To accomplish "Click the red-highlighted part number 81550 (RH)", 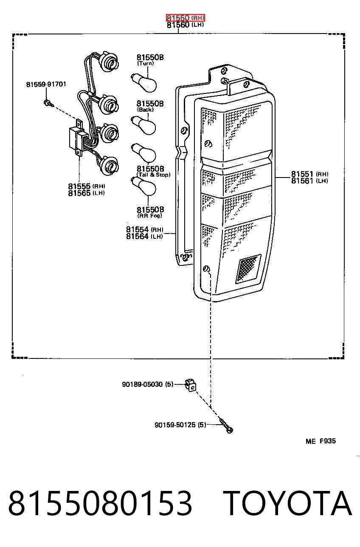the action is (x=186, y=18).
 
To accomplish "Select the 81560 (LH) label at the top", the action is (x=186, y=25).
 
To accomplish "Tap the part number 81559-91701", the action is (x=46, y=84).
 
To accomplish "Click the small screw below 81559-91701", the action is (x=48, y=103).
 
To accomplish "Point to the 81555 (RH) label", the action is (x=87, y=186).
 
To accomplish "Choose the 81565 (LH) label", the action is (x=87, y=193).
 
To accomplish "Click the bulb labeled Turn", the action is (x=143, y=83).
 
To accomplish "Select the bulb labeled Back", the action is (x=143, y=125).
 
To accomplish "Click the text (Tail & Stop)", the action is (x=154, y=175).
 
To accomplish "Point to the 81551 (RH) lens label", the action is (x=310, y=174).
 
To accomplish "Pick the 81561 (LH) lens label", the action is (x=310, y=181).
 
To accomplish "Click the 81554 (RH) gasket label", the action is (x=144, y=229).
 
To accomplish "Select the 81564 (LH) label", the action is (x=144, y=237).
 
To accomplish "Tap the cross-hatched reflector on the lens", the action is (x=248, y=268).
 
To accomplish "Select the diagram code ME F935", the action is (x=321, y=441).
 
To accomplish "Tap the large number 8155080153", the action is (x=100, y=503).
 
